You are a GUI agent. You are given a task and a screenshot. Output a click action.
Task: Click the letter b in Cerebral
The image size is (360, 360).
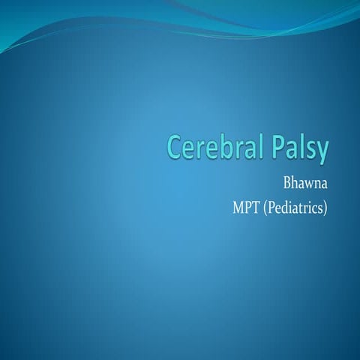tap(221, 148)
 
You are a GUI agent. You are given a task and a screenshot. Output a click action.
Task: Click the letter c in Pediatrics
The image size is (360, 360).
tap(314, 207)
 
